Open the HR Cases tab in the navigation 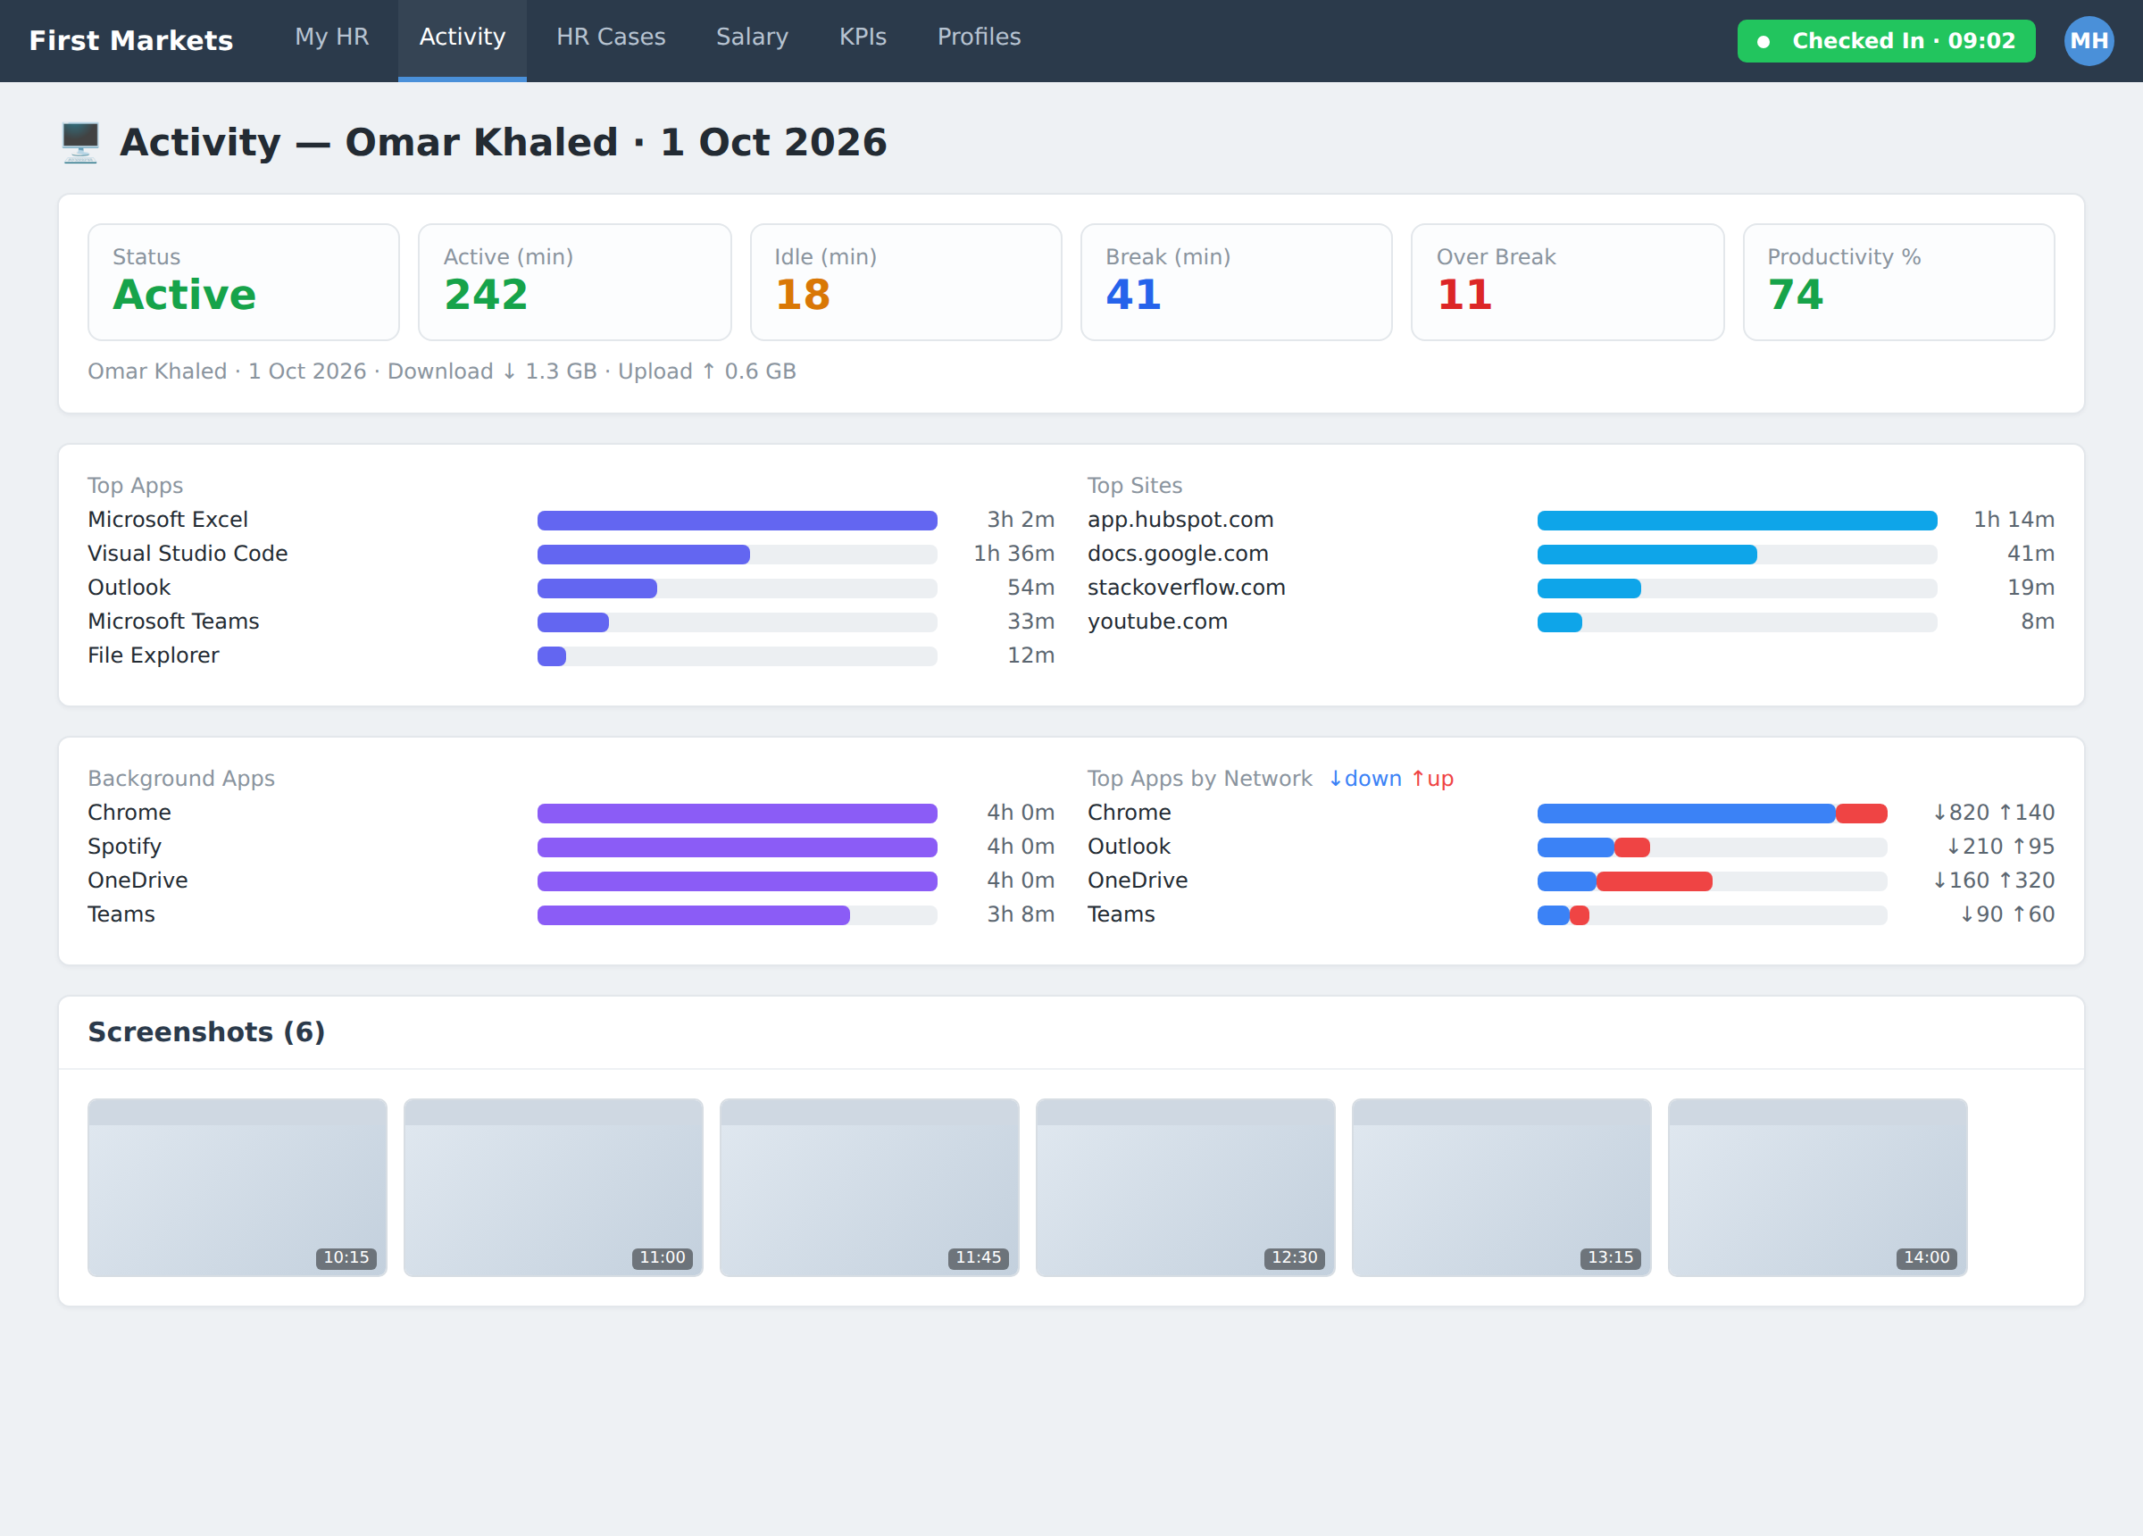(x=611, y=37)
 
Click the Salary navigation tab (x=752, y=37)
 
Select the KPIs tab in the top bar (x=863, y=37)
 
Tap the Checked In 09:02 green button (x=1886, y=41)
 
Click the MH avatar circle (x=2089, y=41)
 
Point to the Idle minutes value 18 (x=802, y=295)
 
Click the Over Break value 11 (x=1463, y=295)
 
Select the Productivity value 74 (x=1796, y=295)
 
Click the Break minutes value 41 (x=1133, y=295)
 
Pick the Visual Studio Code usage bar (x=737, y=554)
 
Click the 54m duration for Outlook (x=1030, y=587)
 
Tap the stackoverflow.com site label (x=1186, y=587)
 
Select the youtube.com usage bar (x=1737, y=622)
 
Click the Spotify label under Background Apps (x=125, y=847)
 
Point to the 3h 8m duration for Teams (x=1021, y=914)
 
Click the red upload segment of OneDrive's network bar (x=1654, y=881)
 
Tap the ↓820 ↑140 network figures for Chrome (x=1994, y=812)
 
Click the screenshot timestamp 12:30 (x=1294, y=1257)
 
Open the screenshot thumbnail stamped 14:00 (x=1817, y=1187)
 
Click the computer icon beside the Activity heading (x=80, y=142)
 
